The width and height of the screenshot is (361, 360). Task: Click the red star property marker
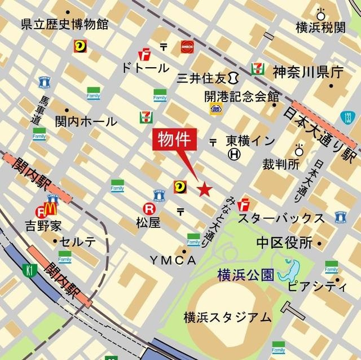click(x=204, y=189)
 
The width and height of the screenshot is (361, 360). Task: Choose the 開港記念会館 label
click(x=242, y=96)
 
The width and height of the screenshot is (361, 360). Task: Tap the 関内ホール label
click(x=86, y=121)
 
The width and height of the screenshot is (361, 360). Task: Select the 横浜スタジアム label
click(x=227, y=318)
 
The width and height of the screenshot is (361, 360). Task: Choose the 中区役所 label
click(x=284, y=243)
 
